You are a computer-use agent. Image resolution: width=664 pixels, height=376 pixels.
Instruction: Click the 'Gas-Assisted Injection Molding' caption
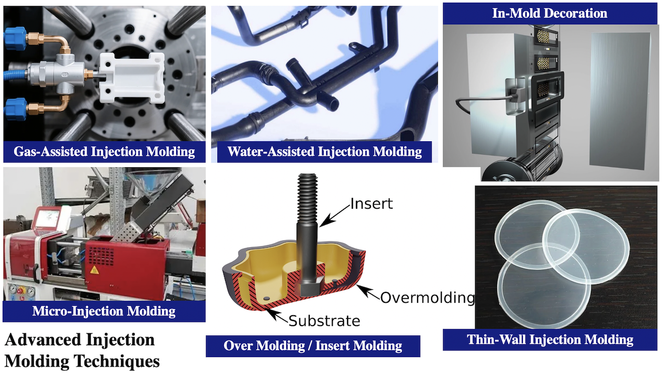click(x=104, y=152)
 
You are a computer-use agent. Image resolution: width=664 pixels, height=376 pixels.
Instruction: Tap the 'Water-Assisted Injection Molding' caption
click(x=324, y=152)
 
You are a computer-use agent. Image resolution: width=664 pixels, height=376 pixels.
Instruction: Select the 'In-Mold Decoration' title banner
click(x=549, y=13)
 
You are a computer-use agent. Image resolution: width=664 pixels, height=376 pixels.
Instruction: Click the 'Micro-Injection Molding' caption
click(x=104, y=311)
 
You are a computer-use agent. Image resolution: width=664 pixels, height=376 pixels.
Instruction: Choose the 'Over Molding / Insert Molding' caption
click(x=313, y=346)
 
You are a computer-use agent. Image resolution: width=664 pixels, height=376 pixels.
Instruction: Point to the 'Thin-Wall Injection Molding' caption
click(x=550, y=340)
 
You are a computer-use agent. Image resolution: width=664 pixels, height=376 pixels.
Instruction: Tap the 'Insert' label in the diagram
click(x=371, y=203)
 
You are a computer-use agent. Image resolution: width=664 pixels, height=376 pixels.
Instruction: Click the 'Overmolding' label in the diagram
click(x=427, y=298)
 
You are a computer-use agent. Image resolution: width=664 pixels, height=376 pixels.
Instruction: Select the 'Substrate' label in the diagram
click(x=324, y=321)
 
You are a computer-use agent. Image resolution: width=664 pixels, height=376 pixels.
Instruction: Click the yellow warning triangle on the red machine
click(x=94, y=271)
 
